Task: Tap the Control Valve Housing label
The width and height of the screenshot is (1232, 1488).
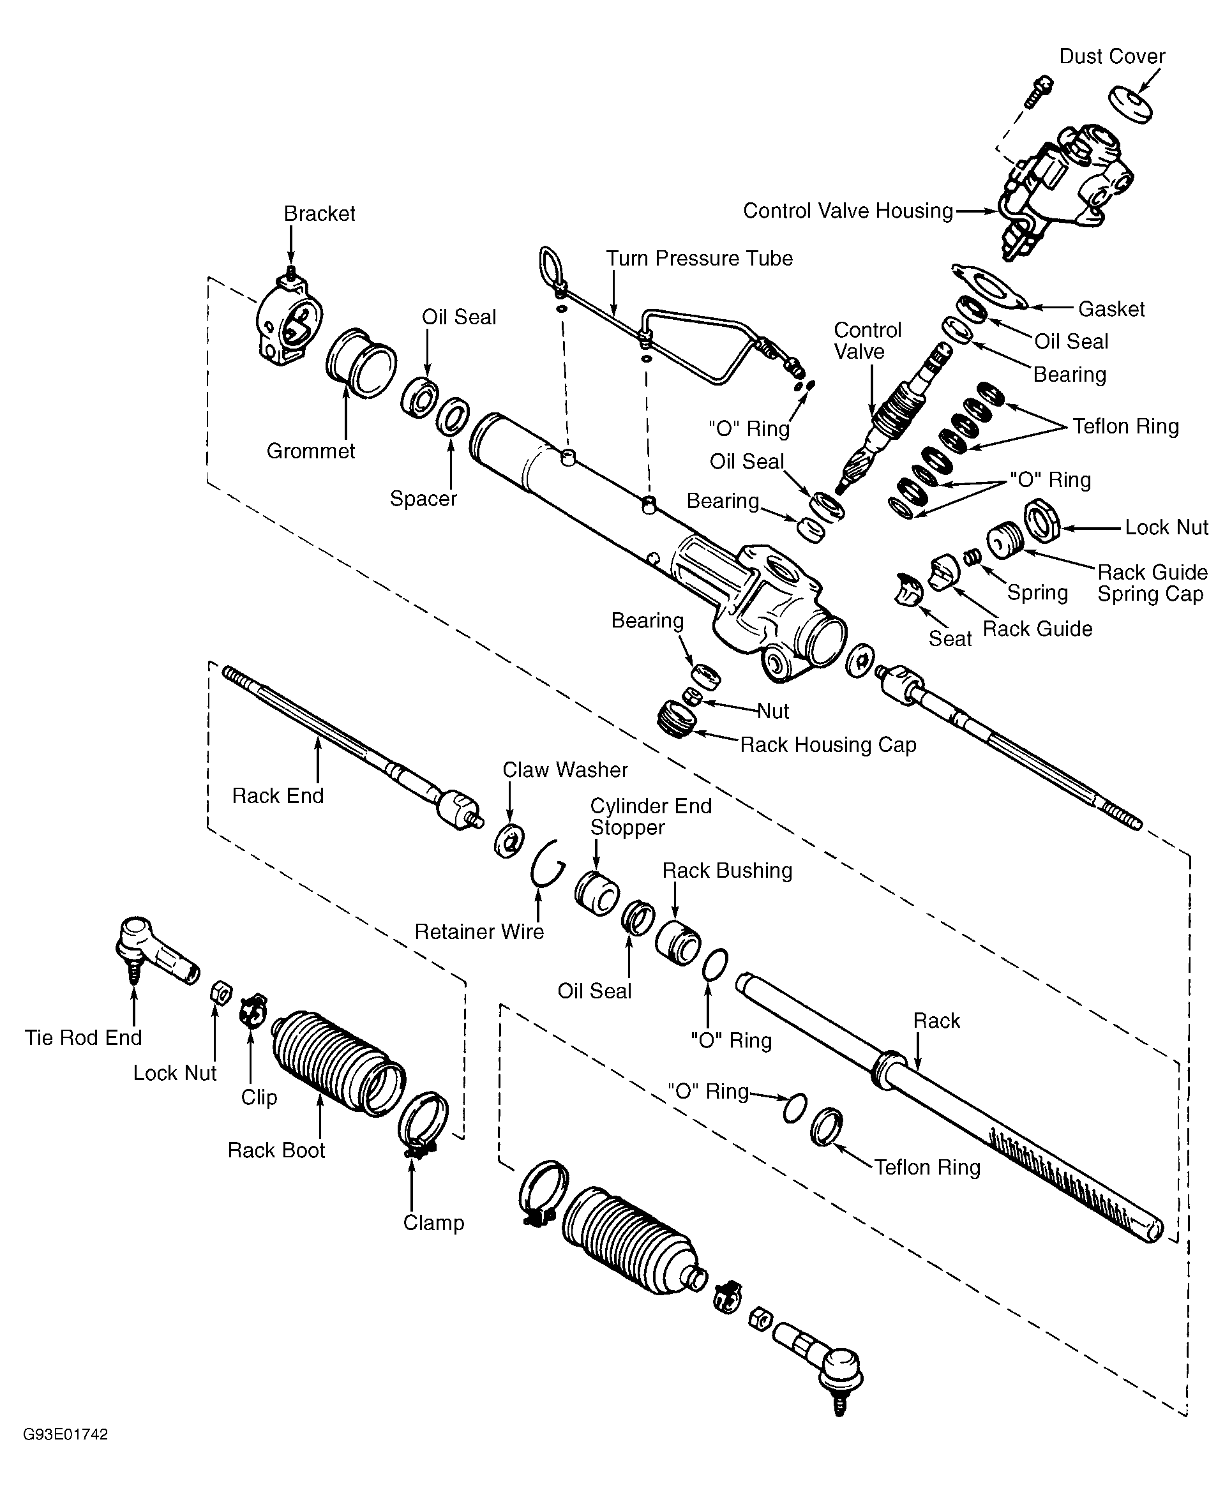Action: pyautogui.click(x=847, y=211)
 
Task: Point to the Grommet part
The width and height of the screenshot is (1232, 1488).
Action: pyautogui.click(x=361, y=363)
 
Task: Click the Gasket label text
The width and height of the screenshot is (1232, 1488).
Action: pyautogui.click(x=1111, y=309)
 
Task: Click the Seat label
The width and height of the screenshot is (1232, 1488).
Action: pyautogui.click(x=950, y=638)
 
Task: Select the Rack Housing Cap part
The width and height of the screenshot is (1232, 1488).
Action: pyautogui.click(x=677, y=719)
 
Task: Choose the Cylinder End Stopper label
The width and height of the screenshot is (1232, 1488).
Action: pyautogui.click(x=650, y=816)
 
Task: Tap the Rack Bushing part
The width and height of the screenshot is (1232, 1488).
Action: pyautogui.click(x=677, y=942)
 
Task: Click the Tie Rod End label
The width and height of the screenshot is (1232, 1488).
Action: pyautogui.click(x=84, y=1037)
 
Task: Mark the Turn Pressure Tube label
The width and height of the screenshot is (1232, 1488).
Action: pyautogui.click(x=699, y=258)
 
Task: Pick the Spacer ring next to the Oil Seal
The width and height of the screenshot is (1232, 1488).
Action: pyautogui.click(x=453, y=417)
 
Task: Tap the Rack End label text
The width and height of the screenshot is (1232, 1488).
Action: pyautogui.click(x=278, y=796)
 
